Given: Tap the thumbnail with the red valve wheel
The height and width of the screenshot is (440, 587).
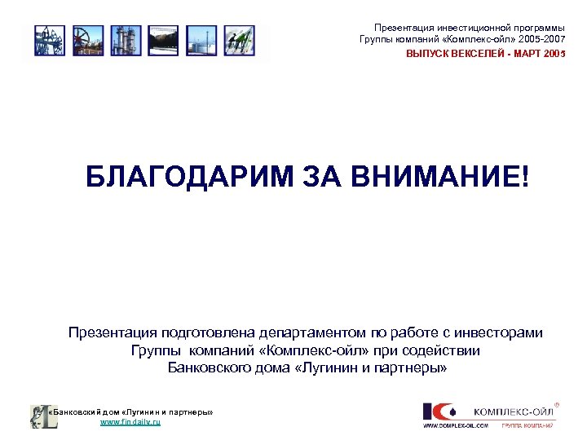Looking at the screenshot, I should click(x=86, y=41).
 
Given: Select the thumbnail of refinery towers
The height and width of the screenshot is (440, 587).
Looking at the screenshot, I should click(x=125, y=41).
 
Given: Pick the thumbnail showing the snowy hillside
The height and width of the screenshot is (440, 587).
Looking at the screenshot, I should click(x=163, y=41).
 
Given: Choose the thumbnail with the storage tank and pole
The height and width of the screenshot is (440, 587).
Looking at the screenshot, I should click(x=201, y=41).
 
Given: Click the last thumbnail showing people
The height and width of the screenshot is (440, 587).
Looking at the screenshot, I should click(x=240, y=41).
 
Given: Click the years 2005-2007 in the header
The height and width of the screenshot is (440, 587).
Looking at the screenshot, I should click(x=536, y=40).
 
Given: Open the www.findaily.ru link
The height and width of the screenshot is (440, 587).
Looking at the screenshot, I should click(x=130, y=423).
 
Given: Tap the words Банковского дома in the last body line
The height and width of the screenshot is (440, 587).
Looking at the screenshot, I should click(x=215, y=367).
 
